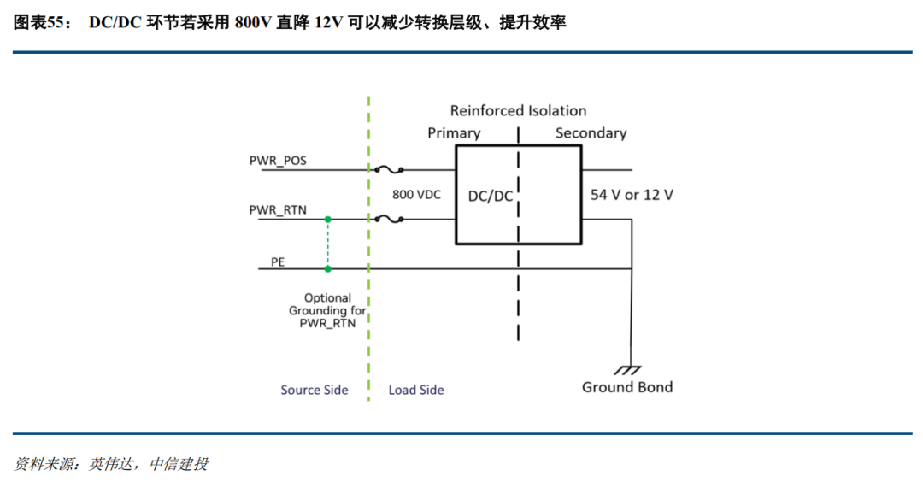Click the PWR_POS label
[x=278, y=160]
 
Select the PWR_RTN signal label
[x=278, y=209]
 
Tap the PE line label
[x=278, y=262]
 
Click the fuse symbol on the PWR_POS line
[x=390, y=169]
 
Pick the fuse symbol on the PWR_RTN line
[x=390, y=219]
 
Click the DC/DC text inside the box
[x=491, y=196]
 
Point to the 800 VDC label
[x=416, y=195]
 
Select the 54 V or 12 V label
[x=632, y=195]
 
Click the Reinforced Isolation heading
[x=518, y=111]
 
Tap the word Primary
[x=454, y=133]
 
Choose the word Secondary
[x=591, y=133]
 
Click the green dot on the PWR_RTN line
[x=327, y=219]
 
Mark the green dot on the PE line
[x=327, y=269]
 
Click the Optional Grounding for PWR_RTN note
[x=327, y=311]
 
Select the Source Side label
[x=315, y=390]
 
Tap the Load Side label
[x=416, y=390]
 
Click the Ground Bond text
[x=627, y=387]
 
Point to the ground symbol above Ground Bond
[x=630, y=370]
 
